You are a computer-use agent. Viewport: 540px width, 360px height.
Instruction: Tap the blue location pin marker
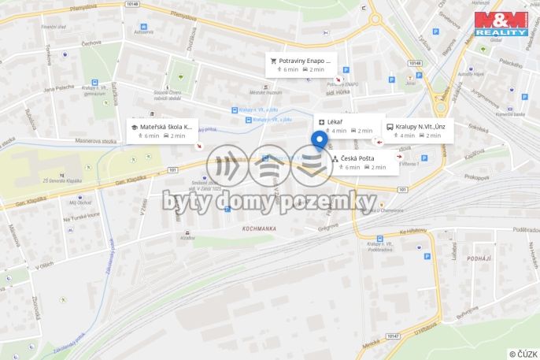click(x=319, y=141)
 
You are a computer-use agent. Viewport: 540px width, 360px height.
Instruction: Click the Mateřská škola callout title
click(x=165, y=126)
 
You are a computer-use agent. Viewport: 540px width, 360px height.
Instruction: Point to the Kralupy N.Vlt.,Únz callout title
click(x=420, y=126)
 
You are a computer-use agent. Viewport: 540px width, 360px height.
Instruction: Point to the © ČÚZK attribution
click(x=523, y=354)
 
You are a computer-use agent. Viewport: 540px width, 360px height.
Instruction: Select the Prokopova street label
click(x=477, y=177)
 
